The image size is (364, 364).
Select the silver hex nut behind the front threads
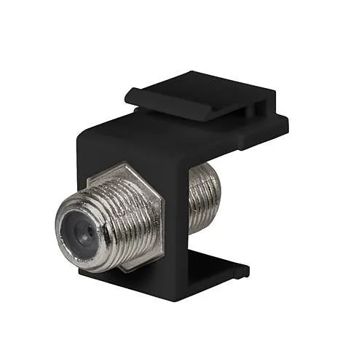coord(146,218)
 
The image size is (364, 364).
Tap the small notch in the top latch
coord(256,109)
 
